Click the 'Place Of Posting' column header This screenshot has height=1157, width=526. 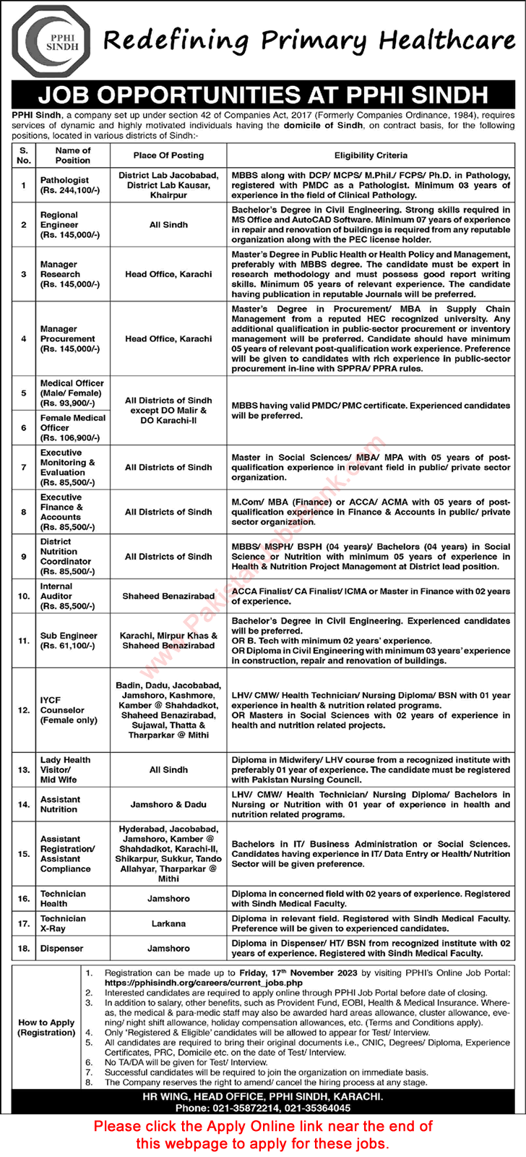pos(168,155)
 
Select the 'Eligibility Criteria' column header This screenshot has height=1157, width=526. pos(371,155)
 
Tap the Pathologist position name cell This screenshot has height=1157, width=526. pos(65,180)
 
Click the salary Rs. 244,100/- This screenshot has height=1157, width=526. pos(70,190)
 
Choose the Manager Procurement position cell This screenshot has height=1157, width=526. pos(68,338)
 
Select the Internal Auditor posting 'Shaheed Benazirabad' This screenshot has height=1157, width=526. pos(168,597)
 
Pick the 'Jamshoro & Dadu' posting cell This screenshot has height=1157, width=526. pos(168,804)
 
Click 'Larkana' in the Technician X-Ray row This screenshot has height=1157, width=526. pos(168,923)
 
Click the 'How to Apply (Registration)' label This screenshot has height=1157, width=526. pos(47,1027)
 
